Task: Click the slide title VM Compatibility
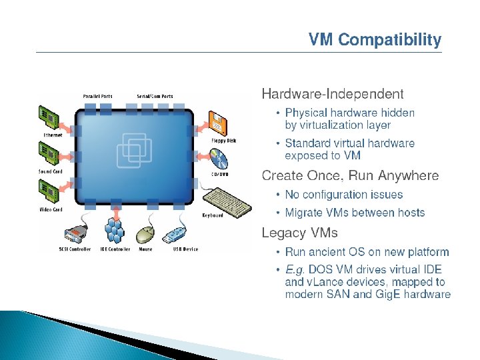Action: point(375,41)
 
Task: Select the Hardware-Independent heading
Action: point(333,93)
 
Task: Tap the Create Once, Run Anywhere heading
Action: point(350,176)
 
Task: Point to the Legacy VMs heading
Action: point(299,233)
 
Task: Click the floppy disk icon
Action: point(219,123)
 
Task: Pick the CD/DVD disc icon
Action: point(219,159)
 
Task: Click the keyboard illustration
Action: point(227,200)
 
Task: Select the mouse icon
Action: point(146,234)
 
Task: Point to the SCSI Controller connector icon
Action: point(74,234)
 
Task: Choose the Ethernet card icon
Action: point(50,117)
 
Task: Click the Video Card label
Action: point(51,210)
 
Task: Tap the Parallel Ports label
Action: point(98,96)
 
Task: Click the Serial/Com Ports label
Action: point(155,96)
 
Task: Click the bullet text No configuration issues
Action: point(344,195)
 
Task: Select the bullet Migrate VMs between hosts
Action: point(355,213)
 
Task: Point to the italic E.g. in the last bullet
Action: point(295,270)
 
